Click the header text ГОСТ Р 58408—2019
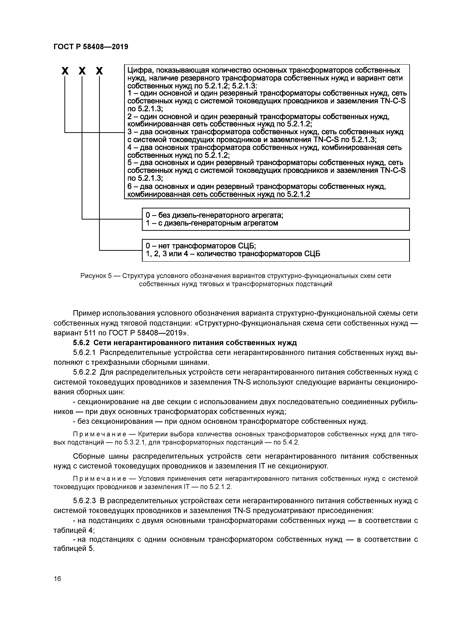point(91,47)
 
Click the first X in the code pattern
point(65,71)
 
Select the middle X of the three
point(82,71)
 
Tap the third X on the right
point(99,71)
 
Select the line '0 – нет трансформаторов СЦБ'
point(201,246)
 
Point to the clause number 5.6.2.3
point(84,501)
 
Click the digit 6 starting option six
point(129,186)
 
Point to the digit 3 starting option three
point(129,132)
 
